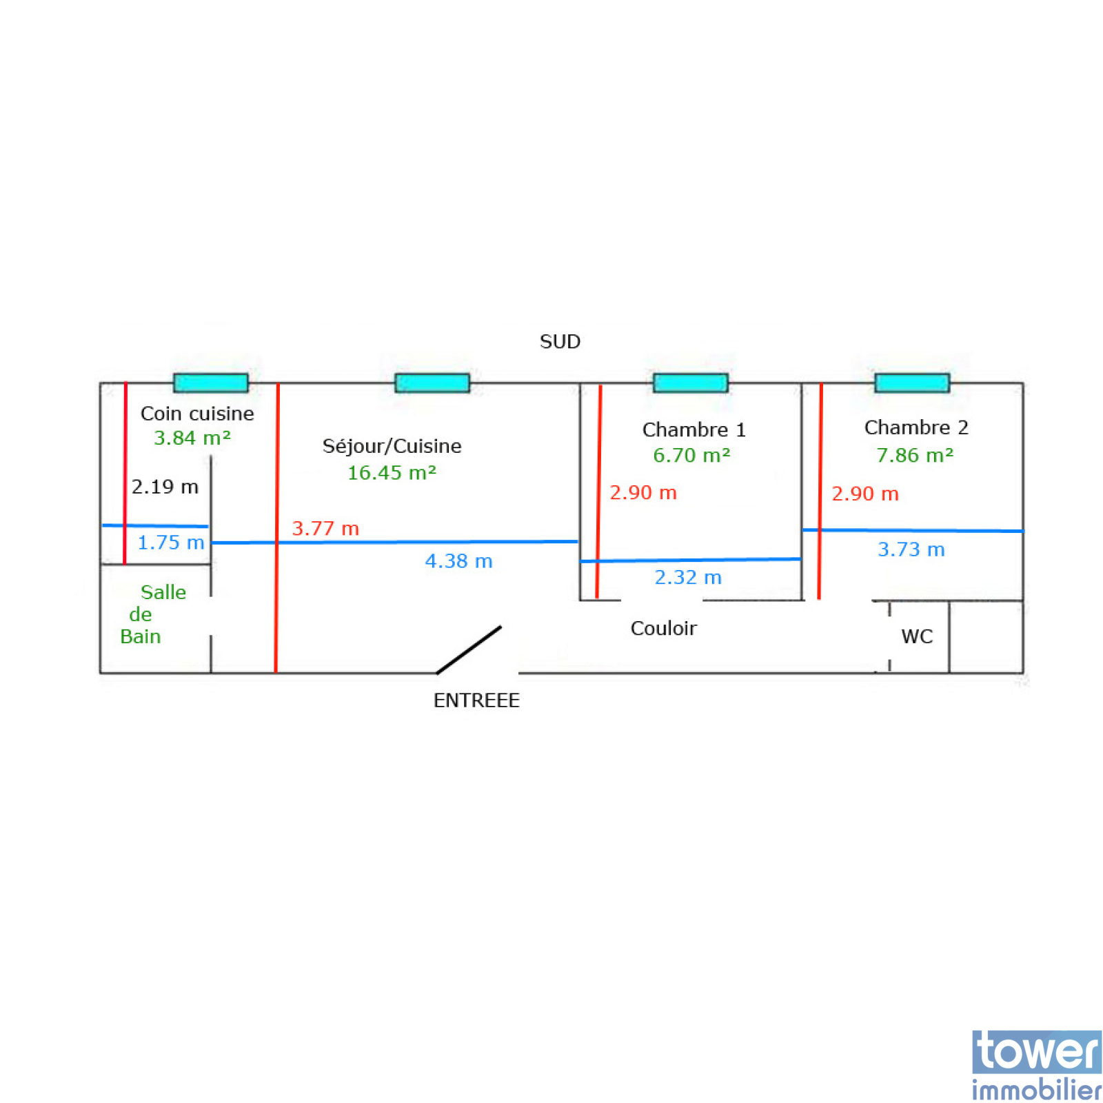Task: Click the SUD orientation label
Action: point(560,341)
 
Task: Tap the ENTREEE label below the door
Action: point(476,700)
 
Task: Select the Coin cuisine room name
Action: point(197,413)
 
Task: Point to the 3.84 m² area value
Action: point(192,438)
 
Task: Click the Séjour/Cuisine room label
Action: point(392,446)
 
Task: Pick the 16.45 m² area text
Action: point(392,472)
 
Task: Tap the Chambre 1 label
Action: point(694,429)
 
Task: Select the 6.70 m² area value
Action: point(691,455)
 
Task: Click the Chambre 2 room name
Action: point(916,427)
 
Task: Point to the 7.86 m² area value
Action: point(915,455)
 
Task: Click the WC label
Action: point(917,636)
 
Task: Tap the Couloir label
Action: point(663,628)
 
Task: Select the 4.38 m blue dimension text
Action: point(458,561)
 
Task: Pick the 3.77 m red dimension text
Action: point(325,529)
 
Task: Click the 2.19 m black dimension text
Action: point(165,487)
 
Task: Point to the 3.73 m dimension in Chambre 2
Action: point(911,549)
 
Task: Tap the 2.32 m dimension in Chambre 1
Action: point(688,577)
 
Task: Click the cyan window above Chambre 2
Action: point(912,383)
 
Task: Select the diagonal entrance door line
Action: point(469,649)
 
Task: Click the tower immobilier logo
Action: point(1036,1065)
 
